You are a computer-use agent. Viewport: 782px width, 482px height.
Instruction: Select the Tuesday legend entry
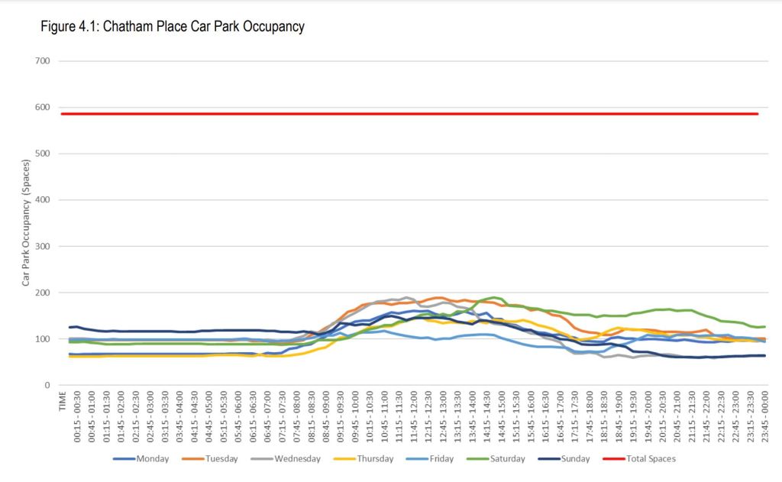click(x=221, y=459)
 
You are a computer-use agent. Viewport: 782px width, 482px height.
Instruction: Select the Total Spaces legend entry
click(x=651, y=459)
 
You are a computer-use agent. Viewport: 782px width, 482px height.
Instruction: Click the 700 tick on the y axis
click(x=42, y=61)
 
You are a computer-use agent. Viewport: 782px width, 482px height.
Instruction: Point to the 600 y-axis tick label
click(x=42, y=108)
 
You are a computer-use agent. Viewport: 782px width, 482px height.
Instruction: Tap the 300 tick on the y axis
click(x=42, y=247)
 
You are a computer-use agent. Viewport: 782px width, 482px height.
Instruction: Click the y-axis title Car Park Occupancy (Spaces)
click(x=25, y=223)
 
